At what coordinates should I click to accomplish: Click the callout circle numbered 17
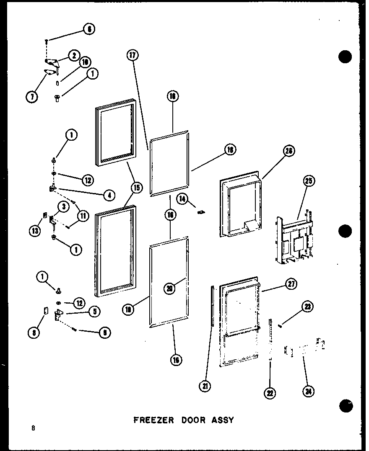133,56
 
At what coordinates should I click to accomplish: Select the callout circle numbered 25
309,181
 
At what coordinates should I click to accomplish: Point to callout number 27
291,284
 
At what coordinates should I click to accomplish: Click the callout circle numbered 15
136,188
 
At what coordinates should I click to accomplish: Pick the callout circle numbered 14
182,199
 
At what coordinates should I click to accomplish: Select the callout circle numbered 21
205,387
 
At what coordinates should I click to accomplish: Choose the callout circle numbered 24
309,391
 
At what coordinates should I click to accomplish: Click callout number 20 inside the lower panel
170,289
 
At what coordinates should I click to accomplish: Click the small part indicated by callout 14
201,212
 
